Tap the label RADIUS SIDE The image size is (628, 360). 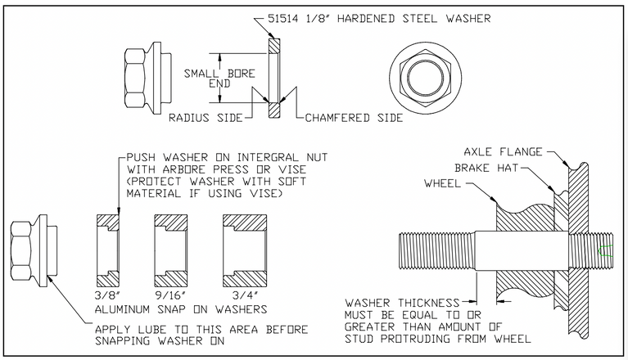206,118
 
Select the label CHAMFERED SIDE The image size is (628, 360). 354,118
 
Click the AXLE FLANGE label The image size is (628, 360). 502,152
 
